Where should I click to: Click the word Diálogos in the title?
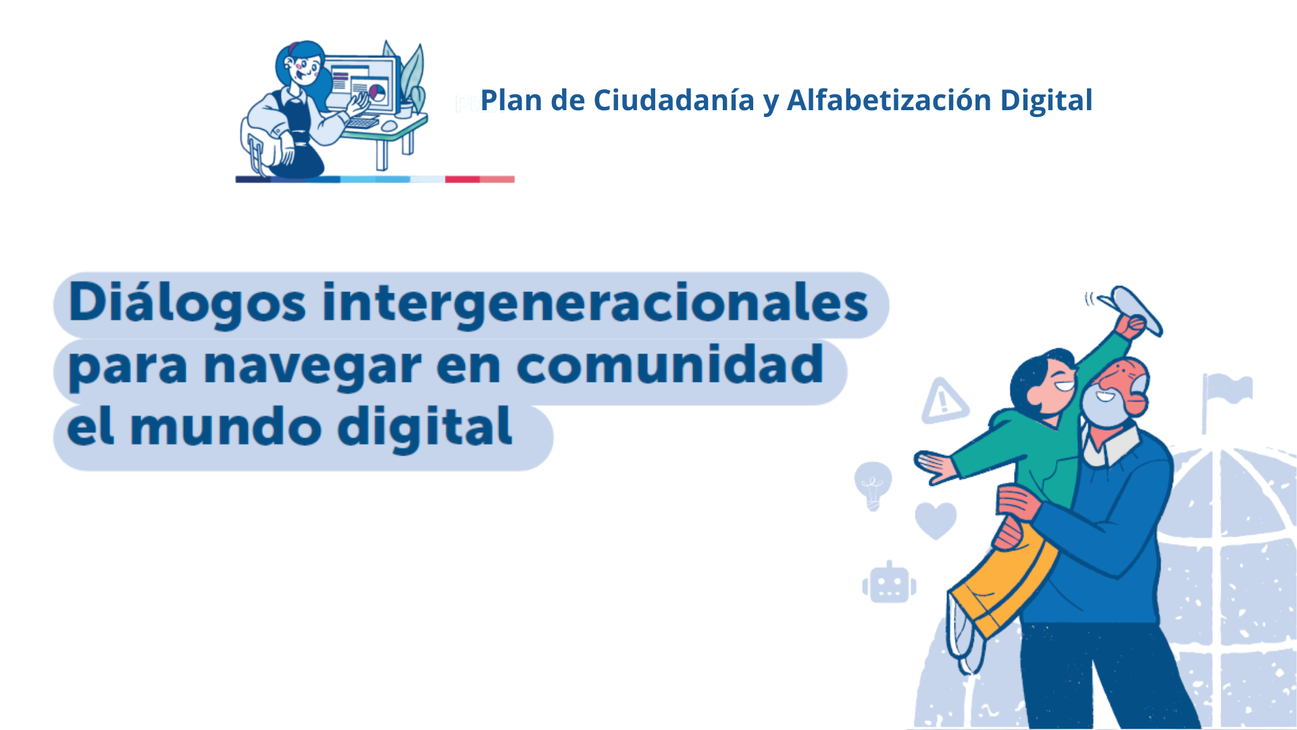pos(187,303)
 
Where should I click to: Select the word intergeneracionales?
pos(595,303)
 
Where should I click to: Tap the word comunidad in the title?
pos(670,365)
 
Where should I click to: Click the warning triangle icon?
pos(944,401)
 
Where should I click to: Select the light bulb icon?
pos(873,485)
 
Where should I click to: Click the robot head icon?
pos(889,583)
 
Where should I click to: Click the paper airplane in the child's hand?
pos(1131,308)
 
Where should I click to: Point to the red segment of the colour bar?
pos(462,179)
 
